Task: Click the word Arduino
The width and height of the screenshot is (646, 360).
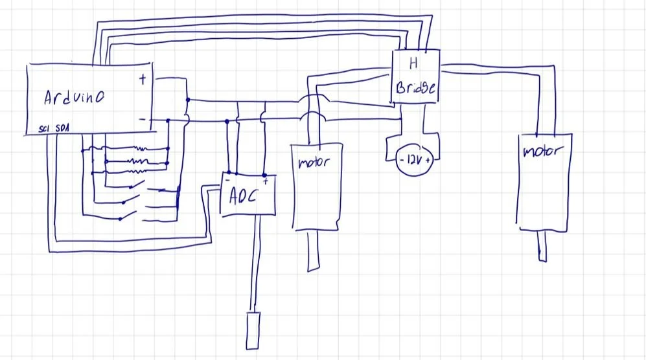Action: [75, 98]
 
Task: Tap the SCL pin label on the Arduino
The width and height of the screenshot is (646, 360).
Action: [44, 129]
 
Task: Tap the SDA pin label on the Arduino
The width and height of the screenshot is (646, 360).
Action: [63, 129]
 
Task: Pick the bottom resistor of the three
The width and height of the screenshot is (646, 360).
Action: [137, 172]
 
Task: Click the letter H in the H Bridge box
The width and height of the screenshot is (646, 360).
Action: [411, 63]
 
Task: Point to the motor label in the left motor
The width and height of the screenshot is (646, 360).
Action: [314, 162]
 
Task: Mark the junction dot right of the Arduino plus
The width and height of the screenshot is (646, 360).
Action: [187, 100]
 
